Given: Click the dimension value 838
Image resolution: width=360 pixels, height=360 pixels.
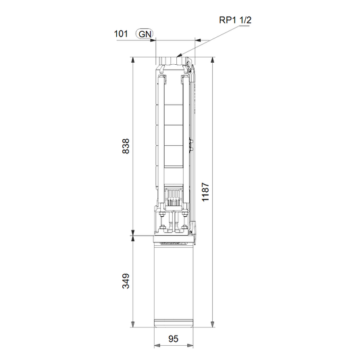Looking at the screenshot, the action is pos(126,146).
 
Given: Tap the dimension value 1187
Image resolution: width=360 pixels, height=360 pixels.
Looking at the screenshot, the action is pos(205,192).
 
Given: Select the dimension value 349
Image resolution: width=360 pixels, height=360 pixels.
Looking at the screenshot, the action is pos(126,281).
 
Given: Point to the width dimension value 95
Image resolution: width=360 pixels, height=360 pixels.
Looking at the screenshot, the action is pos(174,339).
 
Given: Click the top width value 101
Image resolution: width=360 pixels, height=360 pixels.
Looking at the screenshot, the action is pos(121,34).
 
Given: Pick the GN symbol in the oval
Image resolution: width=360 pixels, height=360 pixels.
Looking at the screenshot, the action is pos(145,34).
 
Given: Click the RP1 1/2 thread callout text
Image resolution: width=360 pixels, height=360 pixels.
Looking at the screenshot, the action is pos(235,20).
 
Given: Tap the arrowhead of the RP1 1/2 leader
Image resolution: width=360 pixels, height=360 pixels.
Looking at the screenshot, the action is pos(179,55).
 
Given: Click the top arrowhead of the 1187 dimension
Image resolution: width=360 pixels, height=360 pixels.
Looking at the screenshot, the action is pos(213,60).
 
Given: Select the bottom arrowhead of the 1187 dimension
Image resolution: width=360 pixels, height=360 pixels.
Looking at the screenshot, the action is pos(213,324).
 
